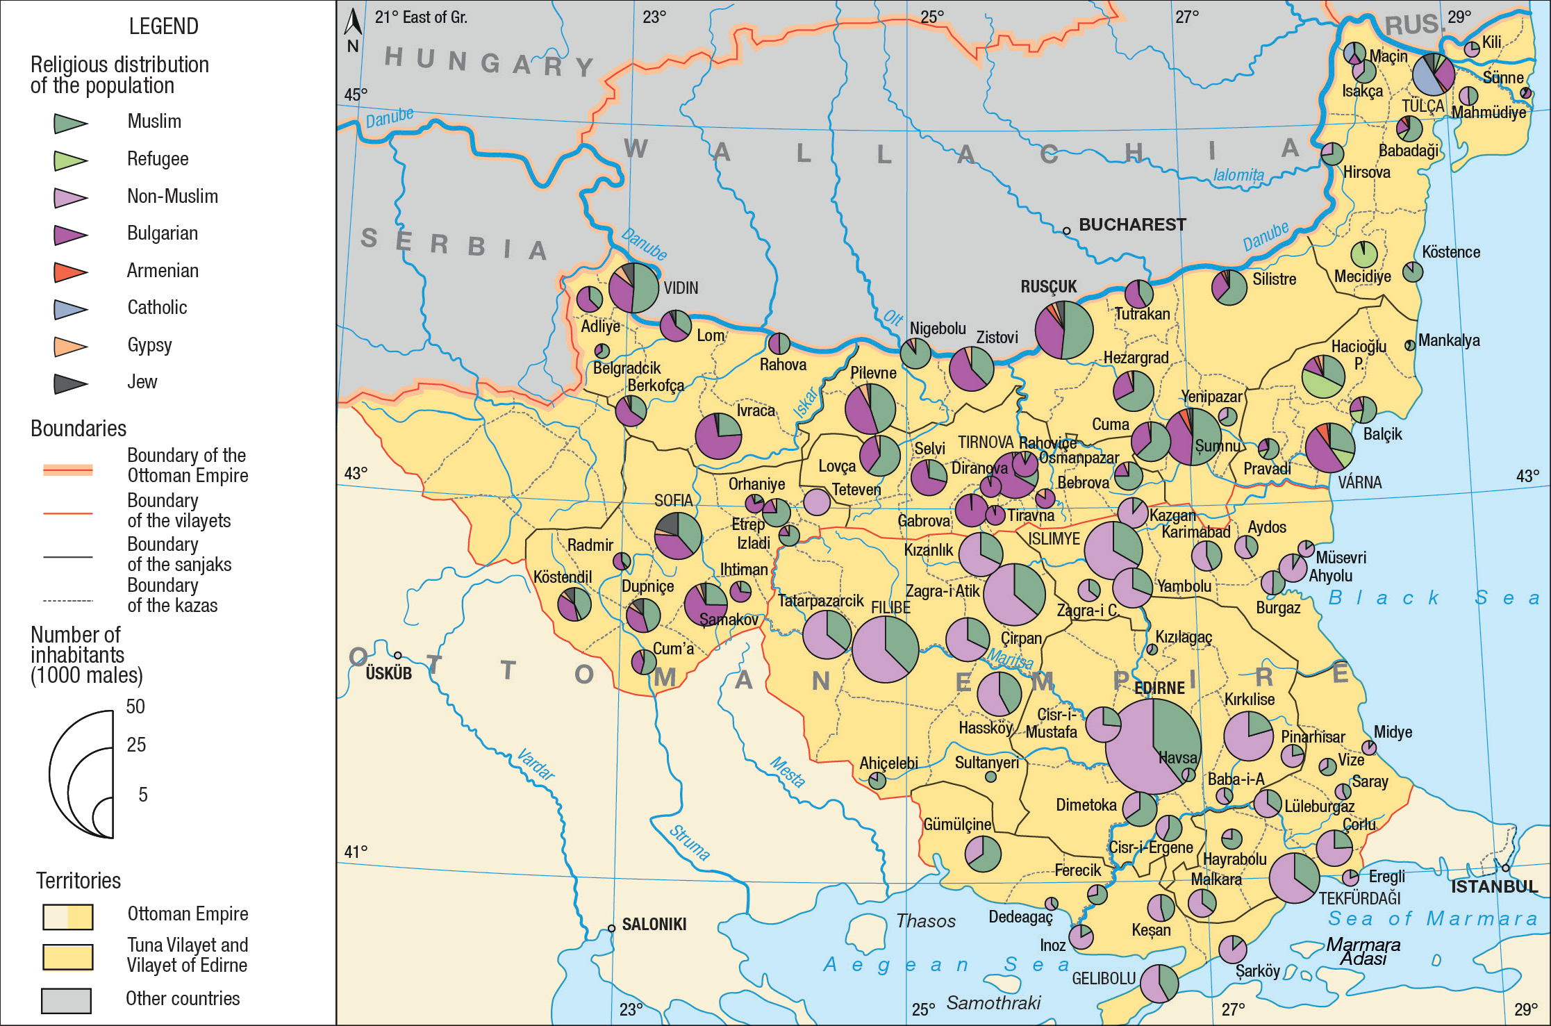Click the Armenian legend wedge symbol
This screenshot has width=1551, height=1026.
coord(70,272)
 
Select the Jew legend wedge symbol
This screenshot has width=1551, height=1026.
coord(70,383)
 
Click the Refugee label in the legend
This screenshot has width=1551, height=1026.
coord(158,159)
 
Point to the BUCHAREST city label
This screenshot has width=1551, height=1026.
coord(1131,224)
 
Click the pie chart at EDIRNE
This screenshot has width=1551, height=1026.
coord(1153,746)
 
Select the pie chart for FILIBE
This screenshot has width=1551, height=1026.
coord(885,649)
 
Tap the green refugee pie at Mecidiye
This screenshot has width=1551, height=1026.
coord(1363,254)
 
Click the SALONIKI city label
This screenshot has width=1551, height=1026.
coord(654,925)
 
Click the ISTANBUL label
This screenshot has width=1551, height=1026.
coord(1494,887)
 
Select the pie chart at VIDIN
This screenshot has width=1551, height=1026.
coord(633,288)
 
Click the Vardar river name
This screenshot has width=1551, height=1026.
coord(536,765)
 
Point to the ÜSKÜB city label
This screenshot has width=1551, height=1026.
coord(388,673)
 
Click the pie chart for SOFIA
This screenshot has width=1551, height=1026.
coord(678,536)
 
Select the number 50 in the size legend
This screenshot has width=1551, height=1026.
coord(135,706)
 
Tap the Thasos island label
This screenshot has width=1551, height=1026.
coord(925,921)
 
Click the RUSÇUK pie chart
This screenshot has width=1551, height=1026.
coord(1063,329)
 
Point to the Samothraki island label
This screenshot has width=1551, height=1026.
coord(993,1003)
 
